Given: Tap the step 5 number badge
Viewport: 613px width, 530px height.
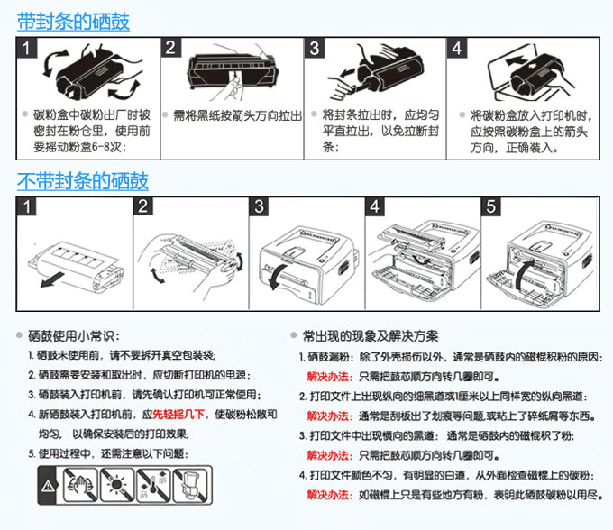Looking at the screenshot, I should [490, 206].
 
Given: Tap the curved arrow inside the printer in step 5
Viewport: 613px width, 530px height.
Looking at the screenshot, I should [522, 267].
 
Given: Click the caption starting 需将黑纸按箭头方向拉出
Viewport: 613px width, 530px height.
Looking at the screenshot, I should [237, 115].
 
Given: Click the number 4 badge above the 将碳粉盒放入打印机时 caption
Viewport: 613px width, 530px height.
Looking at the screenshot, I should [457, 47].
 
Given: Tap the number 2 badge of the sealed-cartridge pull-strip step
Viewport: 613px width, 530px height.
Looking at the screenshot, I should [172, 47].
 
